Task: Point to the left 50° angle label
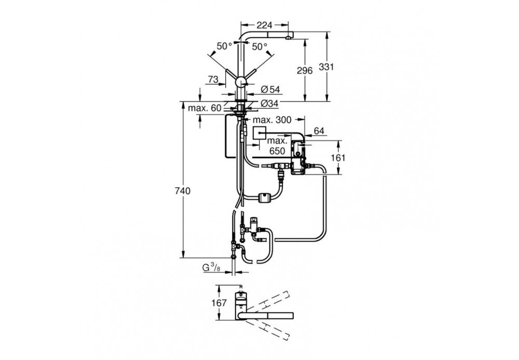(x=225, y=46)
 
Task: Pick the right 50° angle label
(x=259, y=46)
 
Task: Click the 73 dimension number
(x=212, y=79)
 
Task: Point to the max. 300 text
(x=275, y=120)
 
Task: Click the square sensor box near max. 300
(x=260, y=134)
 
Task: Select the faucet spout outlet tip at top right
(x=288, y=38)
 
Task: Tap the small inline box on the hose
(x=263, y=198)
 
